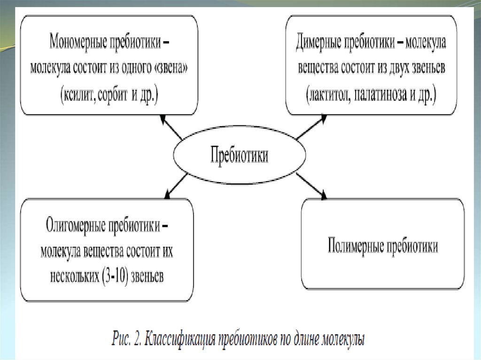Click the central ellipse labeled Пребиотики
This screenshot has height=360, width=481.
(239, 155)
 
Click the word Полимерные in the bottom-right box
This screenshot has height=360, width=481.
(354, 245)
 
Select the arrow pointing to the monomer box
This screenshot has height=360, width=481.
(171, 128)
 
